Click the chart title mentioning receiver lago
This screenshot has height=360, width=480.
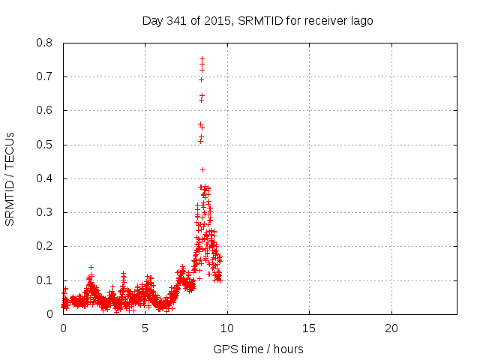click(257, 20)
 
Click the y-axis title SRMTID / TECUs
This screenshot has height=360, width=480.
click(10, 178)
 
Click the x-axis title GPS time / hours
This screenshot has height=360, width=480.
click(258, 349)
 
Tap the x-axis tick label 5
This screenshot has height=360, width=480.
click(145, 328)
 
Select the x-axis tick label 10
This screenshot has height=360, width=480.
click(226, 328)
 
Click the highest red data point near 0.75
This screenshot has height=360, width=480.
click(202, 58)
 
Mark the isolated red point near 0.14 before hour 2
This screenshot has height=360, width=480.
click(91, 267)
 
